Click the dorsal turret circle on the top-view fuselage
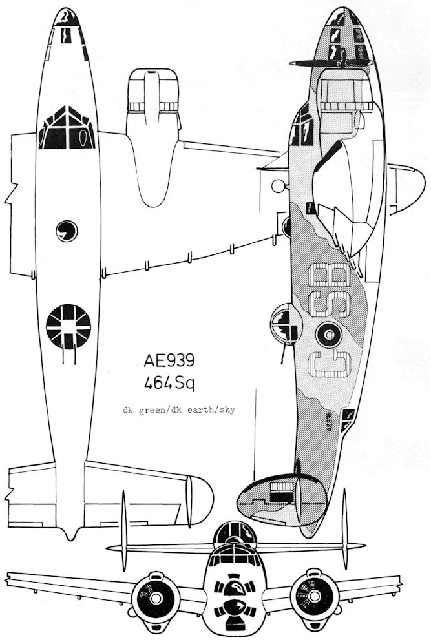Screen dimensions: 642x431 68,326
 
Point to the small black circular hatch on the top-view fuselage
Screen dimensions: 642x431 66,229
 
